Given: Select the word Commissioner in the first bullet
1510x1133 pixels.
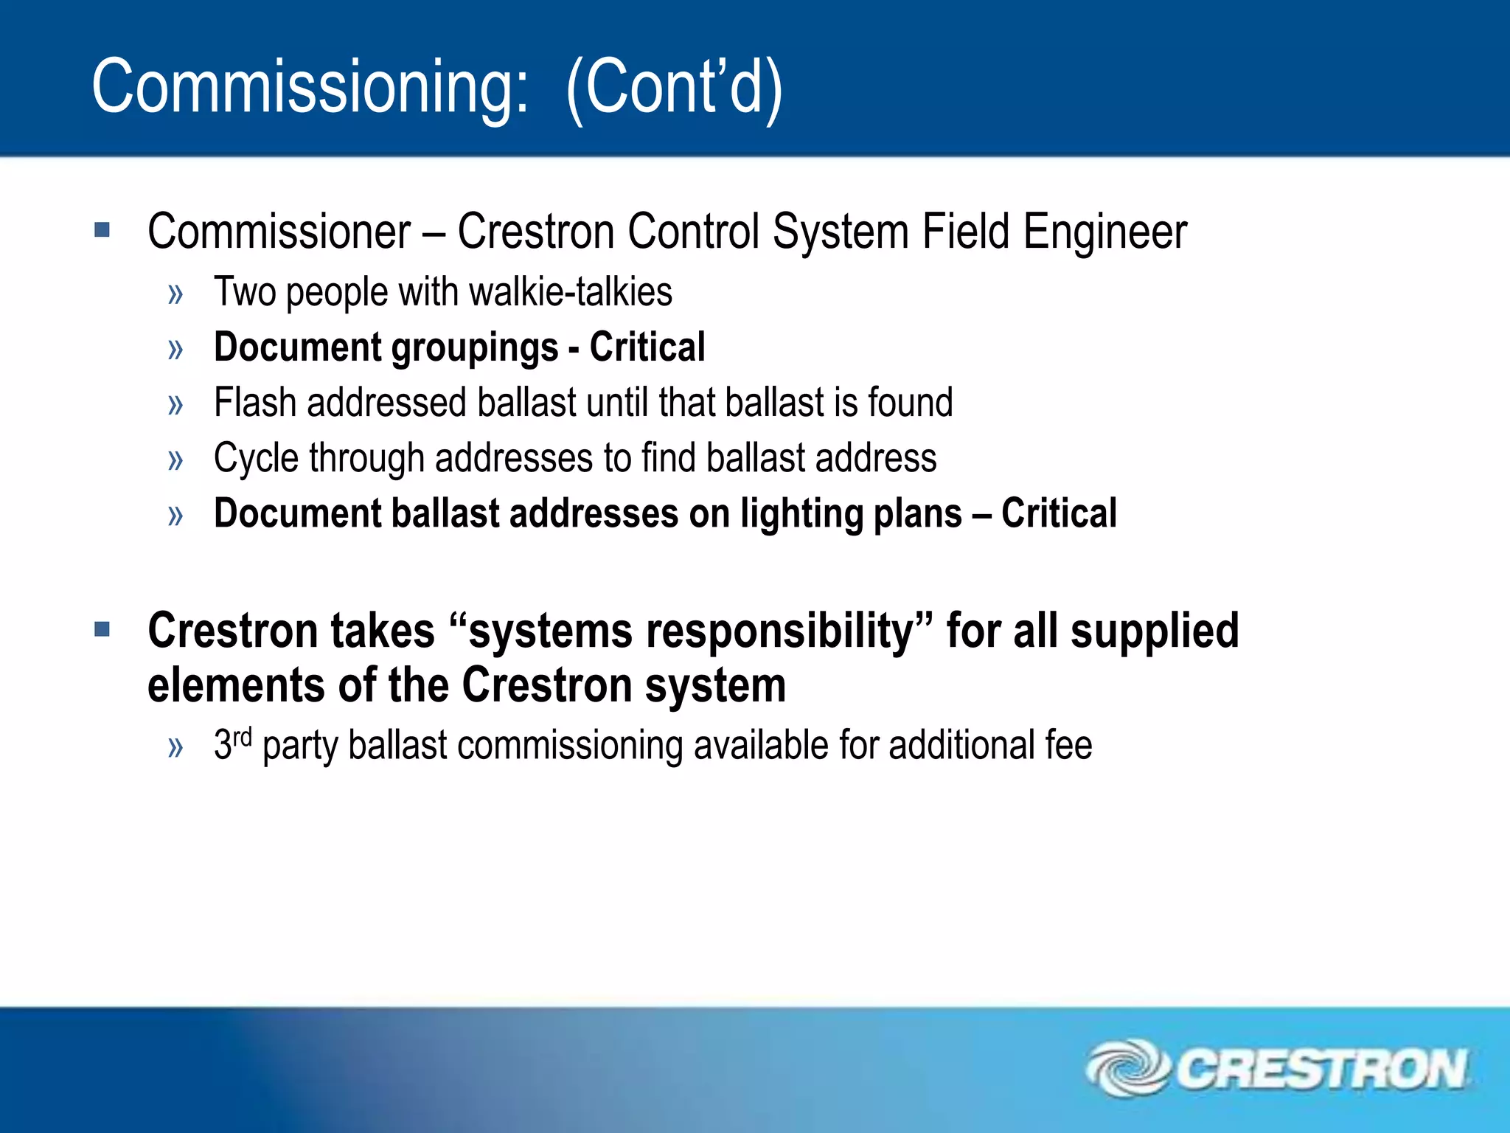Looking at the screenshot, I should click(x=279, y=232).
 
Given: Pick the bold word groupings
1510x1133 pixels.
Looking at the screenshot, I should click(x=475, y=348).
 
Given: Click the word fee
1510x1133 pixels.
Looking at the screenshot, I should click(x=1068, y=744).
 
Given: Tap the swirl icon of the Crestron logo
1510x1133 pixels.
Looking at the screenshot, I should click(x=1127, y=1067).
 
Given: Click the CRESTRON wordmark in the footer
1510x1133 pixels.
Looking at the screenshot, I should click(x=1321, y=1069).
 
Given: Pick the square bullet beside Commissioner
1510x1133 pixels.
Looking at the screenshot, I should click(x=102, y=230).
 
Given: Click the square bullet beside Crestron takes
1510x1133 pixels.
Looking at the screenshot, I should click(x=102, y=629).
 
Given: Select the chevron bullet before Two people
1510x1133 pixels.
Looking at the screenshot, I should click(x=175, y=294).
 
